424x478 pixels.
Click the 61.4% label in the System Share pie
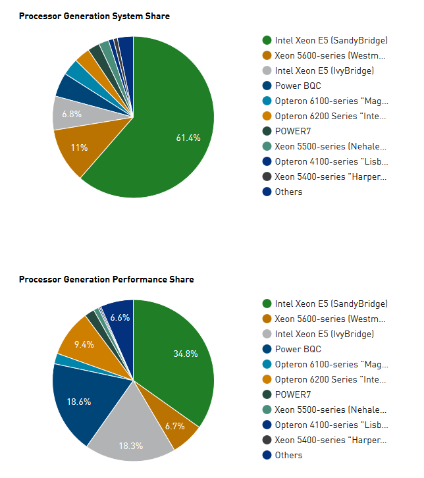[x=188, y=138]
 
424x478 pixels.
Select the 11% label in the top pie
[x=79, y=147]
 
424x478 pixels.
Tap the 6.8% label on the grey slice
[x=72, y=115]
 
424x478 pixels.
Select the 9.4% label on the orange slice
[x=84, y=344]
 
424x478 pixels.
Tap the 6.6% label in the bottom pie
[x=120, y=317]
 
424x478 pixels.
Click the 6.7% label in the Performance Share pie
[x=174, y=426]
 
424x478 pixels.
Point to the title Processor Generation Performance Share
[x=106, y=279]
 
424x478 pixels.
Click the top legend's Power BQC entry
[x=298, y=86]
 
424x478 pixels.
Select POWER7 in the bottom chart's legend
[x=292, y=394]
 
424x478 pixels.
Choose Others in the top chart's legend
[x=288, y=192]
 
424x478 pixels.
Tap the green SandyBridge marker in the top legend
[x=267, y=40]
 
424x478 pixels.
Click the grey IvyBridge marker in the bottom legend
[x=267, y=334]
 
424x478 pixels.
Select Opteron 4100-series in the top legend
[x=331, y=161]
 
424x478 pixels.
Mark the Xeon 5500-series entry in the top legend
[x=331, y=146]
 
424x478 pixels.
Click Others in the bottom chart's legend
[x=288, y=455]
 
